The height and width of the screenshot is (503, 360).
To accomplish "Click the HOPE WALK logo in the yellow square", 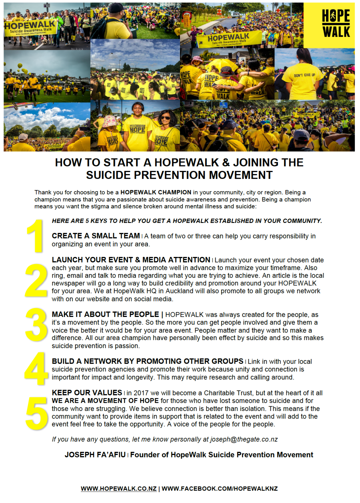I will click(x=336, y=24).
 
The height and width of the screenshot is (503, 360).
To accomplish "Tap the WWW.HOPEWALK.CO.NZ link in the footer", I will click(x=119, y=489).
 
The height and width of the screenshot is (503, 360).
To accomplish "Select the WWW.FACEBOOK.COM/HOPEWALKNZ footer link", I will click(x=220, y=489).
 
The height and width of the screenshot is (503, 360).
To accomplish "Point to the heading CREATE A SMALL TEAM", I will click(x=96, y=236).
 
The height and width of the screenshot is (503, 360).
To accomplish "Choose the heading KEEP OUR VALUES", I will click(x=87, y=393).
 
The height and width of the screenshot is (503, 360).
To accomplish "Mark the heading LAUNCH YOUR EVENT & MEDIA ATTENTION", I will click(x=131, y=260).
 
